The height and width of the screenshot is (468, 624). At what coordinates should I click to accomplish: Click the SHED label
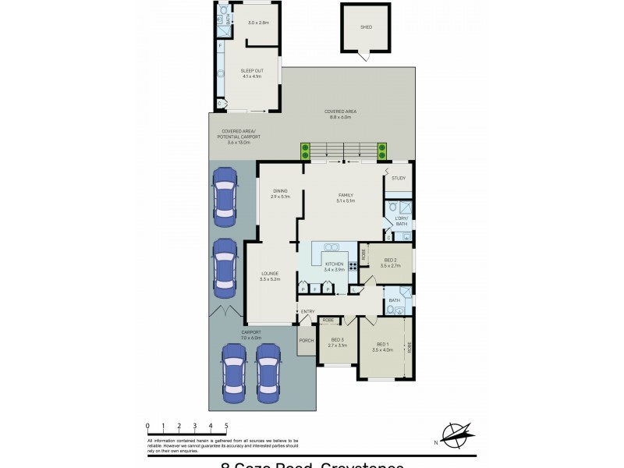[x=366, y=27]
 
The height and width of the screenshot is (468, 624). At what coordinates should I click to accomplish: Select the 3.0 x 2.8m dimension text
[x=258, y=23]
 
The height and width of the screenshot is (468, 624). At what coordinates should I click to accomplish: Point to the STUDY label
[x=399, y=179]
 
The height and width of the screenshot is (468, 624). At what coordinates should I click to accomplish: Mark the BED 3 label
[x=337, y=342]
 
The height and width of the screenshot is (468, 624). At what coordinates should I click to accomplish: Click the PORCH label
[x=307, y=339]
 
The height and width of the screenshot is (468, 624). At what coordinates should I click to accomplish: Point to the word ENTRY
[x=308, y=312]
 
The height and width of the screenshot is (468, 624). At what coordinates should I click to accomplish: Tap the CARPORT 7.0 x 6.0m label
[x=250, y=334]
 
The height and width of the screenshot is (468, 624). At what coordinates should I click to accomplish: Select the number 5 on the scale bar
[x=226, y=426]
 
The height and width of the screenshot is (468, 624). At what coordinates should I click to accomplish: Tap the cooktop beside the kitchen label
[x=353, y=266]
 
